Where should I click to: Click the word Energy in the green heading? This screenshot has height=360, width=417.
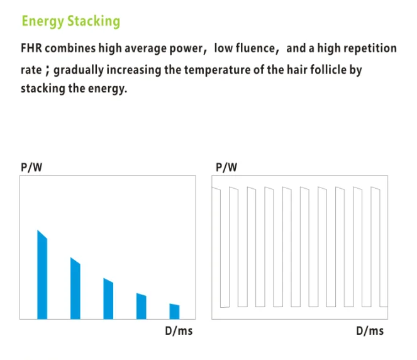point(42,21)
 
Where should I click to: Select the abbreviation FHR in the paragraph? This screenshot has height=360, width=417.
point(32,48)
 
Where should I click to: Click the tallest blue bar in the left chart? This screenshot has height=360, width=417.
point(43,275)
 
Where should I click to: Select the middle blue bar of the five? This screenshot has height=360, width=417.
point(108,299)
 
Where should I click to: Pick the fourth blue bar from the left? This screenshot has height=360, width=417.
point(142,307)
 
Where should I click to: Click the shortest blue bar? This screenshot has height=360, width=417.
point(174,312)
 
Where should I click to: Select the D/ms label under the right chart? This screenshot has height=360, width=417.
point(370,331)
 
